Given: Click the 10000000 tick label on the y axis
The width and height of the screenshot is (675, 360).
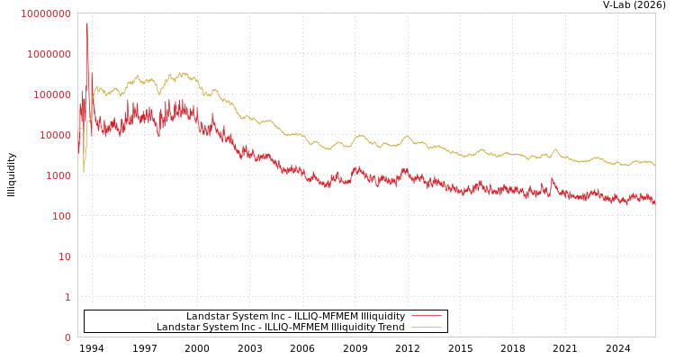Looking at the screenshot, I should point(45,13).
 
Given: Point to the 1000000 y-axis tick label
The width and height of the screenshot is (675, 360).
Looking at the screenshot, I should point(49,54).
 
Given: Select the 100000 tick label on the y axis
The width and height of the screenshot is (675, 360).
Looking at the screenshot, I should point(52,94).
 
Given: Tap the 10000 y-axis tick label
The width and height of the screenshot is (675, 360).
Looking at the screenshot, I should point(55,135).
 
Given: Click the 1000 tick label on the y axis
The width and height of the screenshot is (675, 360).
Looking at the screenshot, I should point(58,175).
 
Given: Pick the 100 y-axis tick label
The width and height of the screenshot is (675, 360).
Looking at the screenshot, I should point(61,216).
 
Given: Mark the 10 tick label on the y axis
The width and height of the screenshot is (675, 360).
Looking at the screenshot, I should point(65,256).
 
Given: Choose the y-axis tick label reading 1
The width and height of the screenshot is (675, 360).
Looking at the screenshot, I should point(67,297).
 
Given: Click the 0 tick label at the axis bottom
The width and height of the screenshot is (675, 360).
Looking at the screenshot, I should point(67,337).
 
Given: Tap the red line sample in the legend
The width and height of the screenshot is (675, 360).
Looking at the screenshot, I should point(426,316).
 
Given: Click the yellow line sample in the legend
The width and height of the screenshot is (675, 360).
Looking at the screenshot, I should point(426,327).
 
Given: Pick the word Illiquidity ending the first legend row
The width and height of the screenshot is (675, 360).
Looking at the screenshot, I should point(382,316).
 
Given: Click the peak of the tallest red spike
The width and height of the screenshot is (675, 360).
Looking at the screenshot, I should point(87,23).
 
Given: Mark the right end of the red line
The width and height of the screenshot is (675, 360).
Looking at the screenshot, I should point(654,202).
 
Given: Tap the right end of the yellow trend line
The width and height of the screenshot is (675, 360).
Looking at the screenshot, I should point(654,166).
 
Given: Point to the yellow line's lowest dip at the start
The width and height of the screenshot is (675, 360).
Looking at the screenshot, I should point(84,171).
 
